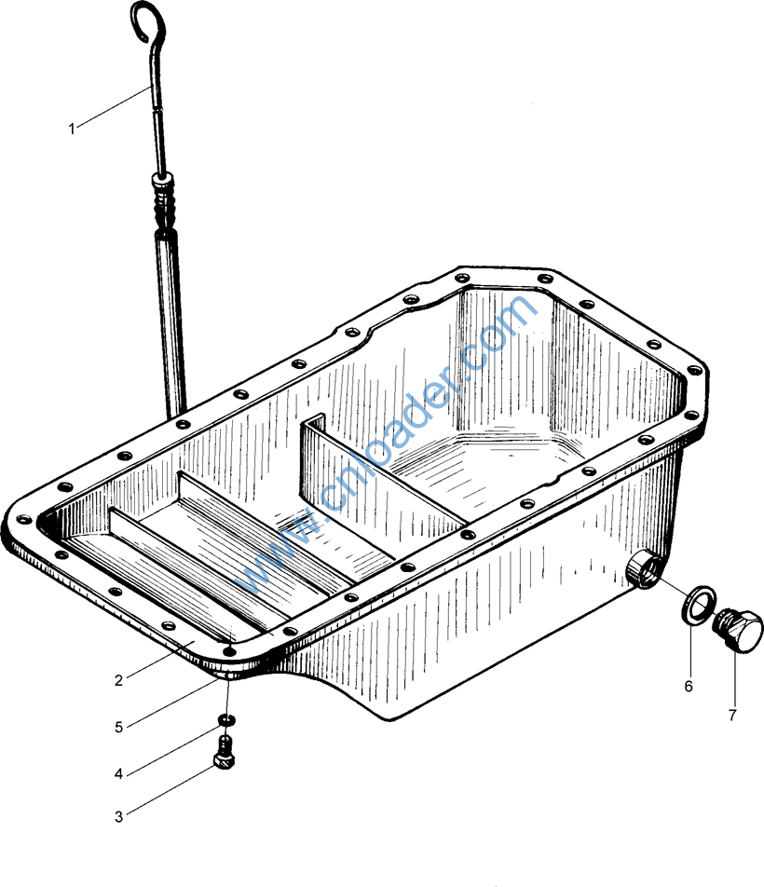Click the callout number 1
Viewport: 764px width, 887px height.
point(72,129)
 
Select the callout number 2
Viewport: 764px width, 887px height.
point(118,680)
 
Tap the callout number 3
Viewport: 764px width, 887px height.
point(118,817)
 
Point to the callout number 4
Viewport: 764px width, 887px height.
point(118,774)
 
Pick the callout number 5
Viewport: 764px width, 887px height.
point(118,728)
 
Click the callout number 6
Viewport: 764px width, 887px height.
point(689,686)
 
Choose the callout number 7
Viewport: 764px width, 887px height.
point(732,716)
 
